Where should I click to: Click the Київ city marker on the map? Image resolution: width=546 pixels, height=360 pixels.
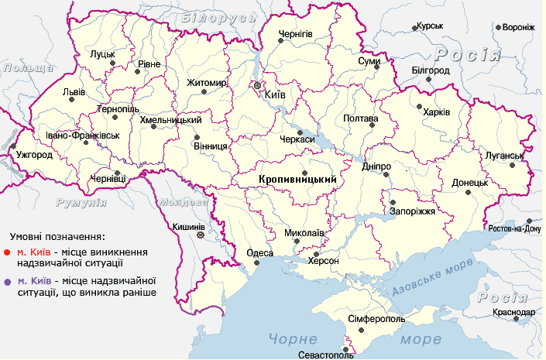click(x=258, y=84)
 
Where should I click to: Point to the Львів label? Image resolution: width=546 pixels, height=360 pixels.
click(x=74, y=91)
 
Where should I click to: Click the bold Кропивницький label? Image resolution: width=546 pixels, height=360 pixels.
click(x=296, y=179)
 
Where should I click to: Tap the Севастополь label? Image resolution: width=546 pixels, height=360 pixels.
click(x=325, y=355)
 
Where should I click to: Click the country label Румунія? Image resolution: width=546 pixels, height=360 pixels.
click(x=81, y=202)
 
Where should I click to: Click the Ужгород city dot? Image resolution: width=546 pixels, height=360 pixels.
click(x=13, y=146)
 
